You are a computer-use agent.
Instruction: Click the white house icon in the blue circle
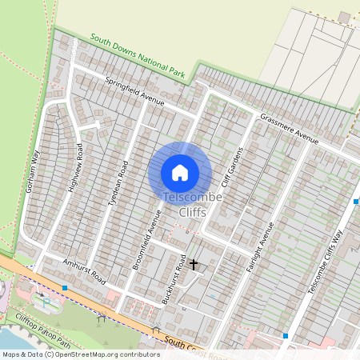click(x=180, y=172)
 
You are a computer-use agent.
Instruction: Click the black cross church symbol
click(x=193, y=262)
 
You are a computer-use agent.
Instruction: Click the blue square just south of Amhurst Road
click(x=65, y=286)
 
